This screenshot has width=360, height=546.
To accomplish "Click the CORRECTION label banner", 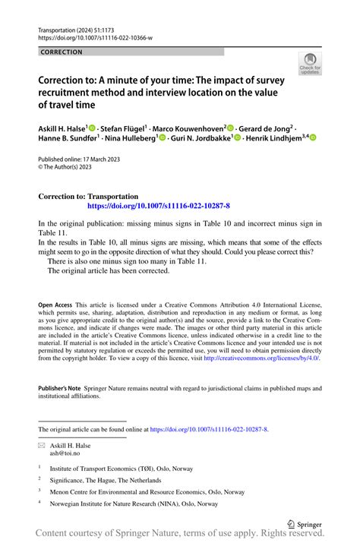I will coord(61,52).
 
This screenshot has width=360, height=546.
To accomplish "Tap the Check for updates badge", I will coord(310,63).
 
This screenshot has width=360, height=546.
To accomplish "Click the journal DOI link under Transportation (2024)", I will coord(95,36).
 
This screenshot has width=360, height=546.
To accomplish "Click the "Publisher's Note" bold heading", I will coord(59,388).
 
